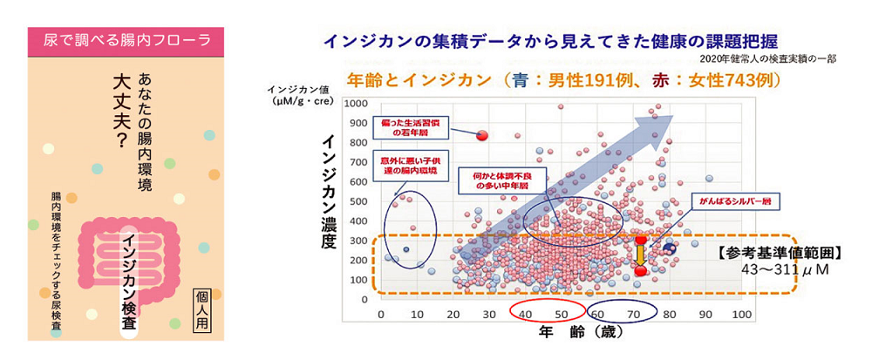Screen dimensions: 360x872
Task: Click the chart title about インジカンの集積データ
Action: [x=548, y=40]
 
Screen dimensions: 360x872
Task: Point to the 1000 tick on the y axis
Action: [x=354, y=103]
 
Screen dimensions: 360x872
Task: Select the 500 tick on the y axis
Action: [x=357, y=202]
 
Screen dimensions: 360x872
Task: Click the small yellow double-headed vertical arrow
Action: [x=640, y=255]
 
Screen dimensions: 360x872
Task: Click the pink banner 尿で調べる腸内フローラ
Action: [x=125, y=38]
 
